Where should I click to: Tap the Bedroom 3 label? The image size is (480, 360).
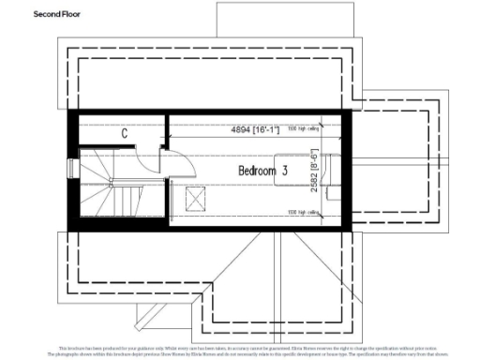(262, 172)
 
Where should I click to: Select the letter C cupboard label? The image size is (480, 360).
(124, 133)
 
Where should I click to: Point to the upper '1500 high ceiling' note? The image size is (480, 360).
(303, 128)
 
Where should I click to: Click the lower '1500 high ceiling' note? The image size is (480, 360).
(303, 212)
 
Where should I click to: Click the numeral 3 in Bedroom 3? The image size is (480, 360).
(283, 172)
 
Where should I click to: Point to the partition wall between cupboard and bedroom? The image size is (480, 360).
(167, 131)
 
